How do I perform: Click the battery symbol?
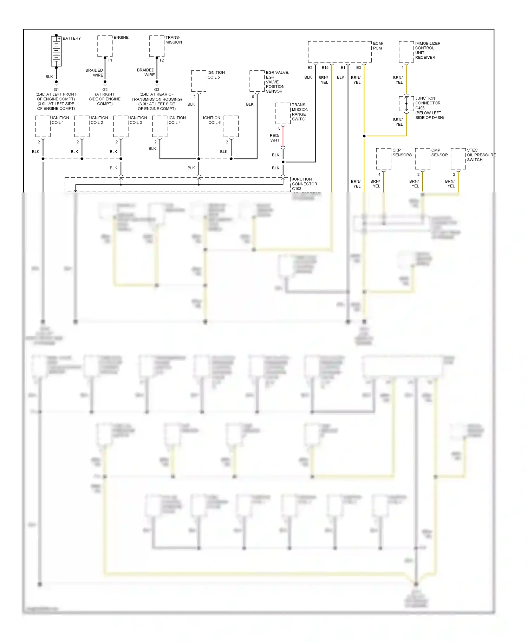tap(56, 51)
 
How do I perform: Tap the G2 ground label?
tap(105, 90)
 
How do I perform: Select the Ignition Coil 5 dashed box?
tap(199, 81)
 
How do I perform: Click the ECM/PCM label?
tap(378, 46)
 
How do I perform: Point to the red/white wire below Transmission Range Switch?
tap(283, 137)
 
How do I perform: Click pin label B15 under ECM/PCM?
tap(325, 68)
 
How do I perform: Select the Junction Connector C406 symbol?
tap(406, 104)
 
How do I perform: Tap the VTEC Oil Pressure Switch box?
tap(458, 159)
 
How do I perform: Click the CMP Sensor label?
tap(439, 152)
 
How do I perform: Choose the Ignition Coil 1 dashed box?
tap(43, 126)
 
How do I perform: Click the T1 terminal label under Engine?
tap(110, 60)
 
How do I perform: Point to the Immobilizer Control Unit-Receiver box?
tap(406, 52)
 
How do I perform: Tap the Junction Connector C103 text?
tap(304, 184)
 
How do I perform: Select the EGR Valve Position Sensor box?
tap(257, 81)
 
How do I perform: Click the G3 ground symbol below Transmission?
tap(157, 83)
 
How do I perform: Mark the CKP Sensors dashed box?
tap(383, 159)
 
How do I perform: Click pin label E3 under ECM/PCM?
tap(358, 68)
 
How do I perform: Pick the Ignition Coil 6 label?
tap(212, 120)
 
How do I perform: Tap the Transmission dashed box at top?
tap(157, 46)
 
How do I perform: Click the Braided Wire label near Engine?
tap(95, 72)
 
